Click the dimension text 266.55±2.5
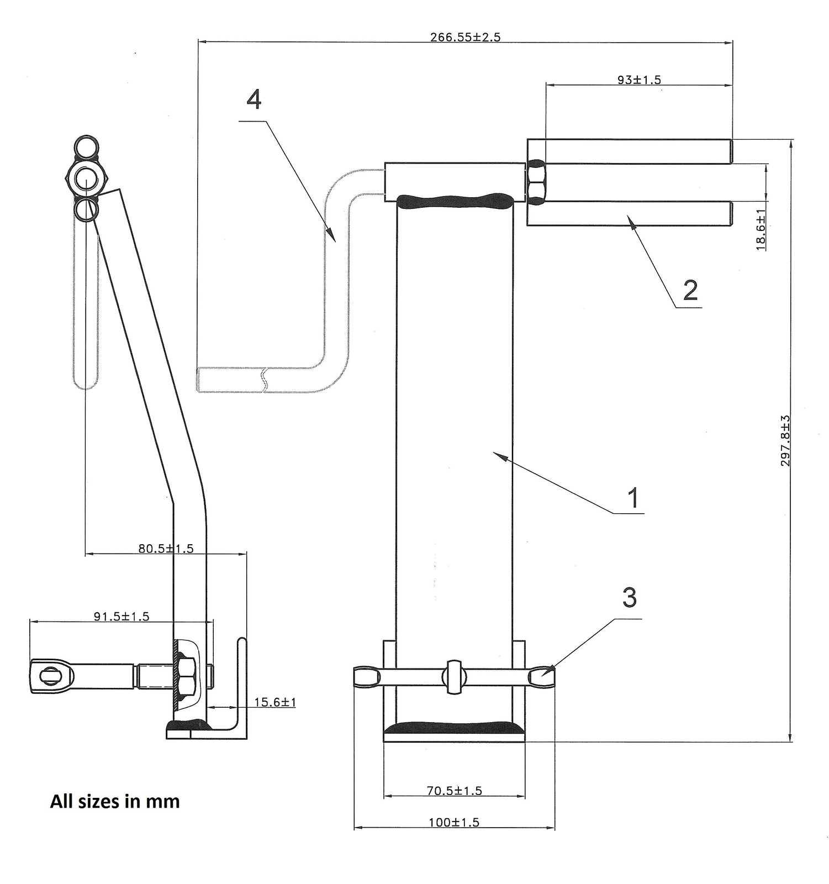[x=465, y=38]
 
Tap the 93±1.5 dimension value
[x=639, y=80]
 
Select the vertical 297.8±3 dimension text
[x=785, y=440]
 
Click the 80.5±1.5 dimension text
[x=166, y=549]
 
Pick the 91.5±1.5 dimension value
[x=122, y=616]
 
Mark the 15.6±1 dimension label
[x=275, y=702]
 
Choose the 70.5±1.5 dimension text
[x=454, y=791]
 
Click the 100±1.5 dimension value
[x=454, y=822]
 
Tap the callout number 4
[x=254, y=100]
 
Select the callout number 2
[x=690, y=290]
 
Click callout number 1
[x=633, y=498]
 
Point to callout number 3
[x=630, y=598]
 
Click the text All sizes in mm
[x=115, y=801]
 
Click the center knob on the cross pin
[x=454, y=676]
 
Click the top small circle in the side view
[x=86, y=148]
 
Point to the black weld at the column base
[x=454, y=728]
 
